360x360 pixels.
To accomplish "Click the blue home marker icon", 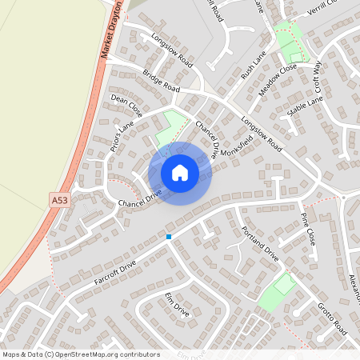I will point(180,173).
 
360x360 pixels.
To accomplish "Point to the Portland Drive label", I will point(260,243).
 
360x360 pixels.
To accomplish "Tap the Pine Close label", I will point(309,228).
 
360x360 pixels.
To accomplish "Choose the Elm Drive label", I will point(177,305).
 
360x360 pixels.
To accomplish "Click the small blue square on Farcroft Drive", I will point(169,237).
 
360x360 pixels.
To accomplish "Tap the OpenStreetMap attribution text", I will point(81,354).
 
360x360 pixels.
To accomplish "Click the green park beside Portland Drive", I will point(277,293).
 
